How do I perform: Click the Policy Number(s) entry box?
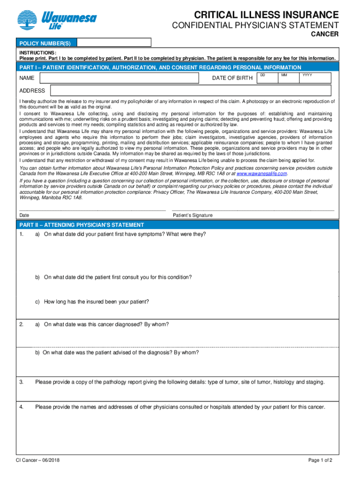pos(114,43)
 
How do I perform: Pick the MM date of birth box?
pos(289,79)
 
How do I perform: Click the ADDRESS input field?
pos(190,90)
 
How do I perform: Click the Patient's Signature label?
pos(193,215)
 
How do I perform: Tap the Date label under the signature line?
pos(24,215)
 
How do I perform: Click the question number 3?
pos(22,382)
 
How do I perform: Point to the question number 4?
pos(22,407)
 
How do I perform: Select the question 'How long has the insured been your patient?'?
pos(96,302)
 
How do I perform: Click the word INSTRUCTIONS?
pos(37,53)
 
